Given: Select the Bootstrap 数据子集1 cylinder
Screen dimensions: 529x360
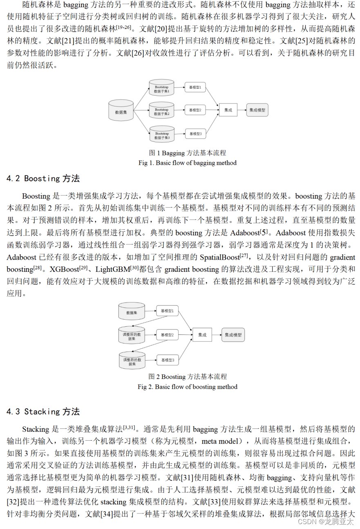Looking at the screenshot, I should (161, 88).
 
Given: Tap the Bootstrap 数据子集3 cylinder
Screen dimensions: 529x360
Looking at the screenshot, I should (162, 134).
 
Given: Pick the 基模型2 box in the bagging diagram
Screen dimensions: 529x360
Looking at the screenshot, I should (195, 110).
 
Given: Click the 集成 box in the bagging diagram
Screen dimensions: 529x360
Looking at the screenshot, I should (228, 110).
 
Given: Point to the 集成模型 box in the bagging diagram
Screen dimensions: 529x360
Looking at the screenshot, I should (257, 110).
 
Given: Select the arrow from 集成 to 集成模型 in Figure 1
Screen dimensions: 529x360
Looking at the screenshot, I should (241, 110).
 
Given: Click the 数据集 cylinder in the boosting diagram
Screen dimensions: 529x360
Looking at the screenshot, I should (132, 312).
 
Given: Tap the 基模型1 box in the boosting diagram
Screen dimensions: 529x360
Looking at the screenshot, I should (168, 311).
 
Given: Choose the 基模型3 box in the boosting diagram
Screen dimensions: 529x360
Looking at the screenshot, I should (168, 360).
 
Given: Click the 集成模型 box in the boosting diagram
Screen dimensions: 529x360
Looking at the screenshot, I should (233, 335).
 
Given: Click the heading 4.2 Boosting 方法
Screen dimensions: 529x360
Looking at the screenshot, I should (43, 179).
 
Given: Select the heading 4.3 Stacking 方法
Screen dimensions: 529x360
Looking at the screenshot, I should (43, 412).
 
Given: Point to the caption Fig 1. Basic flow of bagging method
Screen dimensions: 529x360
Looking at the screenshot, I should (188, 163).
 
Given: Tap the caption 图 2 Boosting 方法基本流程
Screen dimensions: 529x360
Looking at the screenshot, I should (188, 377).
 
